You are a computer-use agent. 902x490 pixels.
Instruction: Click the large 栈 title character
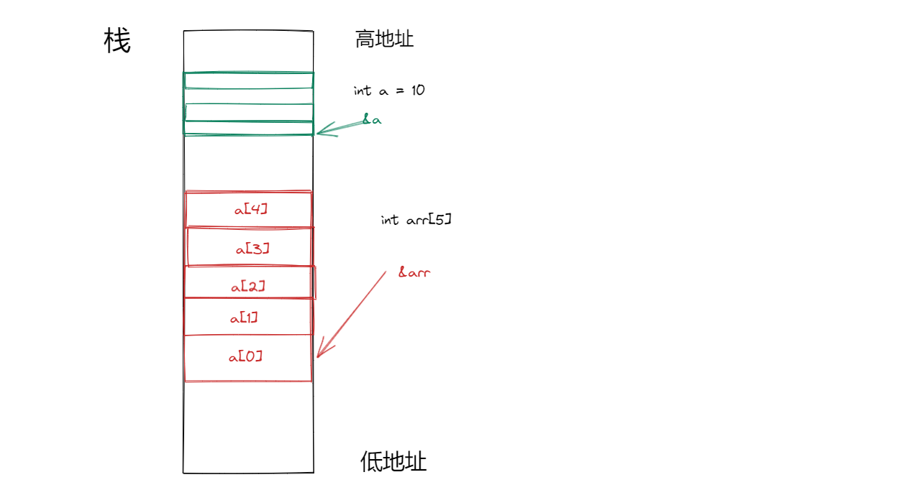coord(117,41)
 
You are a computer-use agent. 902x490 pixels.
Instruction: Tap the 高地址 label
coord(384,39)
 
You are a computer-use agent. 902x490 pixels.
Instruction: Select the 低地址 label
coord(393,461)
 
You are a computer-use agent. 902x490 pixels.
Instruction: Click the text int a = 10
coord(389,91)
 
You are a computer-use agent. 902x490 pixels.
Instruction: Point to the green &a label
coord(371,120)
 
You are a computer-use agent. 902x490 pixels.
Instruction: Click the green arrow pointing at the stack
coord(342,127)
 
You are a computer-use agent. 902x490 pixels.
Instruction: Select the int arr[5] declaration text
coord(416,219)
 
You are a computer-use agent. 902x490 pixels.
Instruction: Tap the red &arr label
coord(414,273)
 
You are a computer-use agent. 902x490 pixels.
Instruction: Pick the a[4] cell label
coord(252,209)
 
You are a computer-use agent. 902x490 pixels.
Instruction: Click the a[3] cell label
coord(252,249)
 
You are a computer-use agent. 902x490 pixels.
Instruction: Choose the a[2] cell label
coord(248,286)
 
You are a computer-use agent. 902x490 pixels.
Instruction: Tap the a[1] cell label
coord(244,318)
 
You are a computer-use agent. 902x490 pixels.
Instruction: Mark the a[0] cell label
coord(245,356)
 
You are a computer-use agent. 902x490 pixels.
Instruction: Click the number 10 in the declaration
coord(418,91)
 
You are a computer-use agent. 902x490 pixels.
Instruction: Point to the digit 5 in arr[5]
coord(439,219)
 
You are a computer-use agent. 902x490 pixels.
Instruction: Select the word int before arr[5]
coord(390,219)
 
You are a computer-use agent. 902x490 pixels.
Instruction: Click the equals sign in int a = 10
coord(400,91)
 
